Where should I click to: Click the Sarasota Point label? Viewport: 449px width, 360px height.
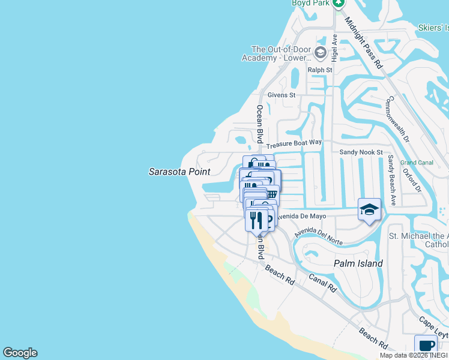point(179,172)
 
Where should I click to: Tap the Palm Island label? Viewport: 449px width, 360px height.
point(358,263)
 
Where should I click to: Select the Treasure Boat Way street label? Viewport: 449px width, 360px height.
point(294,144)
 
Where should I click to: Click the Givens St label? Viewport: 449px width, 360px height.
point(282,95)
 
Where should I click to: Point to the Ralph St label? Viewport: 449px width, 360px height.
point(320,70)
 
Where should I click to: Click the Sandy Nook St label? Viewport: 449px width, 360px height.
point(361,152)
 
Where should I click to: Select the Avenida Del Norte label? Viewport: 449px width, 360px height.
point(318,238)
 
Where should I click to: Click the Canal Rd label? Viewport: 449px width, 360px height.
point(323,283)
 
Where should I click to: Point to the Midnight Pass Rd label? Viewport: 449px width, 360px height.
point(363,41)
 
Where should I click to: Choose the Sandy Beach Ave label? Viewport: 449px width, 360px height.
point(391,181)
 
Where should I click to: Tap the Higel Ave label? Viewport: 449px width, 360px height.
point(334,47)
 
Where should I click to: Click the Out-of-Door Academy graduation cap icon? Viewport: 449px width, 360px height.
point(320,53)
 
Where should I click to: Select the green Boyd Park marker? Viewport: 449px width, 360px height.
point(339,4)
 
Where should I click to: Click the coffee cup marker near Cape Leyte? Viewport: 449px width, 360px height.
point(426,345)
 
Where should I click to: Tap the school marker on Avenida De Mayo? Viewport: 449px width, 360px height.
point(369,209)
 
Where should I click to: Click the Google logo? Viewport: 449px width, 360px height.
point(20,353)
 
